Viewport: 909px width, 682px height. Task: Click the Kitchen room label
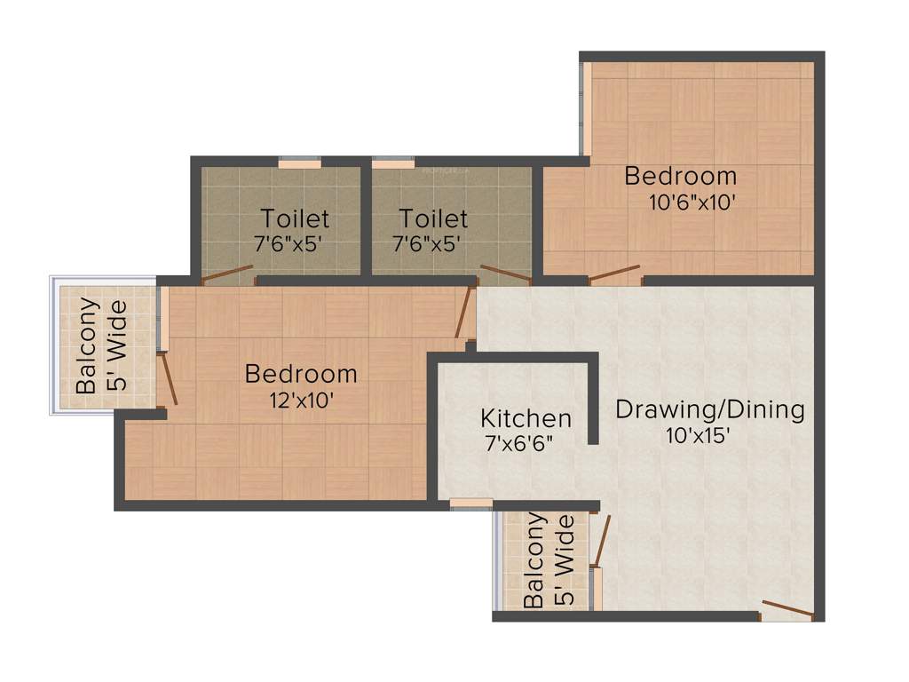526,417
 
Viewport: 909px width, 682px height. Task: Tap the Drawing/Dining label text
710,409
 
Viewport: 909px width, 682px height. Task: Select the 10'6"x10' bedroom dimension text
692,202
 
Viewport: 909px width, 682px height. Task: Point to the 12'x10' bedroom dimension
302,400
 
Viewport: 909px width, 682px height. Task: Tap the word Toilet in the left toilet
295,218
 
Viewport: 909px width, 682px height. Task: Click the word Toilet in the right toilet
433,218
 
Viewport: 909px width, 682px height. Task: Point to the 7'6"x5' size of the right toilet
425,243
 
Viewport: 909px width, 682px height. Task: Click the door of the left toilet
227,274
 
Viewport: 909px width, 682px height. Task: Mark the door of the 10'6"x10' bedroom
614,273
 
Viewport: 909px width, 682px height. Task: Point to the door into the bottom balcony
602,540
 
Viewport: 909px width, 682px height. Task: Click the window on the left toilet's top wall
299,163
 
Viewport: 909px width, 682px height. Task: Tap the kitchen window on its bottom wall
470,504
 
